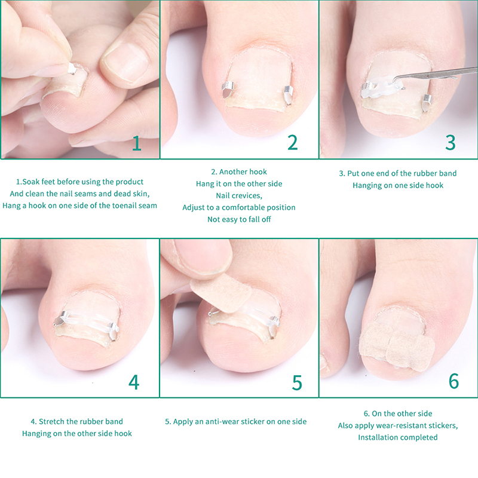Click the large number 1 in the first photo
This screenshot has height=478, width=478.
(137, 143)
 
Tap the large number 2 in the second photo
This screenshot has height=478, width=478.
(293, 142)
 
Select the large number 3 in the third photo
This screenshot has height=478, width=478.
(451, 142)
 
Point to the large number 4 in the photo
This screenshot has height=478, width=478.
(134, 382)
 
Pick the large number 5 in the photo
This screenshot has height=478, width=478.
(297, 382)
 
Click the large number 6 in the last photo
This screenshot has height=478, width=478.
(454, 381)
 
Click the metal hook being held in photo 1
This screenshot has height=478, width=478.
(71, 69)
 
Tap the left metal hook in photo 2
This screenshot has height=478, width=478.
(228, 89)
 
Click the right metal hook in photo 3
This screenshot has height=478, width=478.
(427, 102)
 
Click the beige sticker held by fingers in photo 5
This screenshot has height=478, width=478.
(222, 293)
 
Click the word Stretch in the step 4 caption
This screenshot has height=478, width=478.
(51, 421)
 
